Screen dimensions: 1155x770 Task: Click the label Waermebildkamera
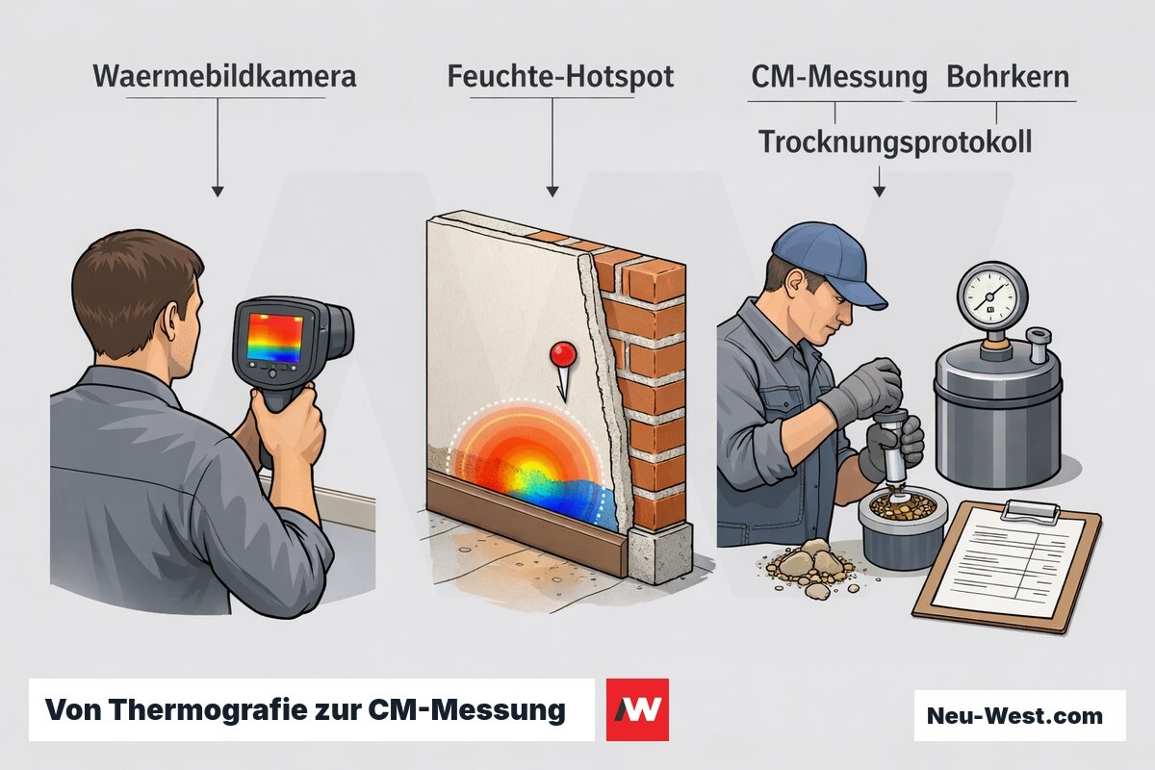pyautogui.click(x=225, y=77)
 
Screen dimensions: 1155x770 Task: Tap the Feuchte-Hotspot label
pyautogui.click(x=560, y=77)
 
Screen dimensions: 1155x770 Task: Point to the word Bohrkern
pyautogui.click(x=1008, y=77)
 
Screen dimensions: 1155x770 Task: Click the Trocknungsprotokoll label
pyautogui.click(x=896, y=142)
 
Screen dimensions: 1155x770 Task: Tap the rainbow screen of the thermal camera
pyautogui.click(x=274, y=337)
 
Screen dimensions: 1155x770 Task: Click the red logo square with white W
pyautogui.click(x=637, y=709)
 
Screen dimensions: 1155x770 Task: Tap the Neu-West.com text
pyautogui.click(x=1014, y=716)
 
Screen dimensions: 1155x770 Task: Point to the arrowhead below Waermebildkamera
pyautogui.click(x=218, y=191)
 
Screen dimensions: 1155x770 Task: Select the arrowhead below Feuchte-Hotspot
pyautogui.click(x=552, y=191)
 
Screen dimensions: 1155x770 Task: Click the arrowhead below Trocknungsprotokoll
pyautogui.click(x=879, y=191)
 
